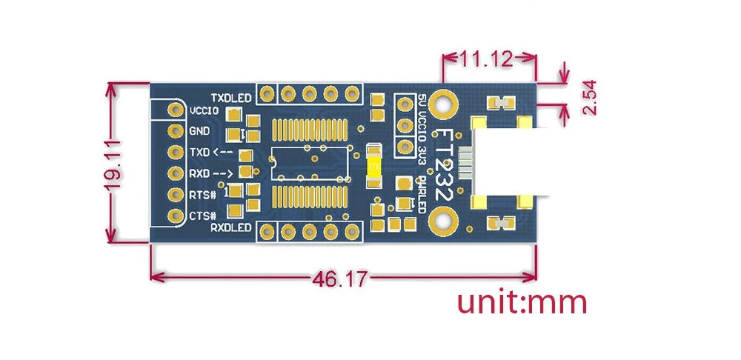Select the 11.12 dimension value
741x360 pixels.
point(487,59)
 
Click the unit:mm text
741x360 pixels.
point(522,303)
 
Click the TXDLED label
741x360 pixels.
point(231,98)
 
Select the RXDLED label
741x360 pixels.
point(230,227)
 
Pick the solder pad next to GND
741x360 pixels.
point(176,131)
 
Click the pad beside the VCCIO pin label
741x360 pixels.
point(176,110)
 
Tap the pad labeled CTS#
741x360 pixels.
point(176,216)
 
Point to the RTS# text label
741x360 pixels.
point(203,195)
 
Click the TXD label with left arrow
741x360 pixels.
point(210,152)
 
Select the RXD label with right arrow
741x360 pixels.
point(210,173)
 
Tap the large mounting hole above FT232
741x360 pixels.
point(443,104)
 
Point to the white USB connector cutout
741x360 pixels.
point(511,162)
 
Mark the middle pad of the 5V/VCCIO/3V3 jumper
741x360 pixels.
point(405,126)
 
